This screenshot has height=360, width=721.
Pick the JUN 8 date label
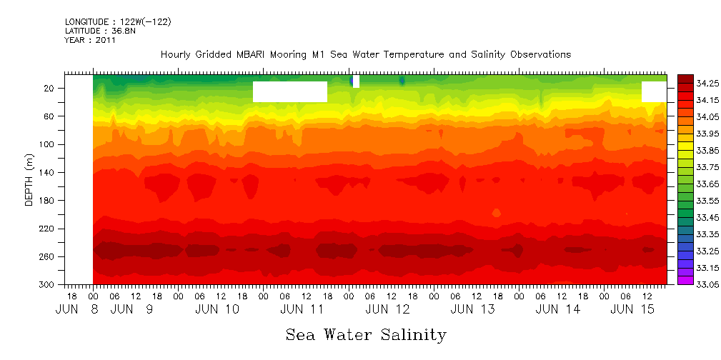pos(71,309)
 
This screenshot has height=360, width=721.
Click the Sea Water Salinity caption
pos(366,335)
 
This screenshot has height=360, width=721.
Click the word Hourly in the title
pos(176,54)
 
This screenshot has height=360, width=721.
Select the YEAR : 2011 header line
pos(90,40)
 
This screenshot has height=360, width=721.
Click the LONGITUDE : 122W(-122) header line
pos(117,21)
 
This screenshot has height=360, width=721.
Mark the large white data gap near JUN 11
pos(290,91)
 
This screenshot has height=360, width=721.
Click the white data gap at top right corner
pos(654,91)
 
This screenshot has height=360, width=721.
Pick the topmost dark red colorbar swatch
pos(685,79)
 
